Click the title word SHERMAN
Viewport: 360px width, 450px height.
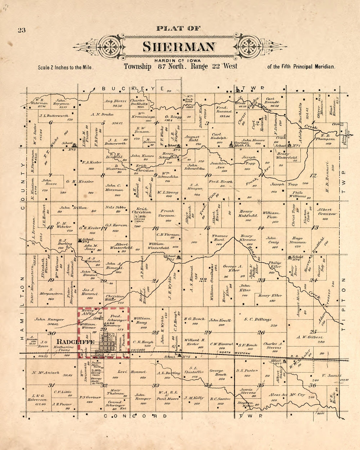coord(179,47)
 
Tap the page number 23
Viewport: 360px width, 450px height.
coord(22,30)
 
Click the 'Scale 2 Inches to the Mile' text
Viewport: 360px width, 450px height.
coord(66,67)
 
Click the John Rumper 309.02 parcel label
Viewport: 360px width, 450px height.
coord(49,321)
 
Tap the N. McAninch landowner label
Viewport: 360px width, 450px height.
coord(45,372)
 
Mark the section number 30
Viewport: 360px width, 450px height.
coord(51,333)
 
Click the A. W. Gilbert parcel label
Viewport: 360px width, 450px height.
coord(310,337)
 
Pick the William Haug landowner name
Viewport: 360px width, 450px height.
coord(142,320)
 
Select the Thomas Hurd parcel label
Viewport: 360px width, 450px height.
coord(220,238)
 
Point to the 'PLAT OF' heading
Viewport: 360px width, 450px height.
coord(178,28)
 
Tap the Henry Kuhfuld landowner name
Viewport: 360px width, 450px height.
coord(248,214)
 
